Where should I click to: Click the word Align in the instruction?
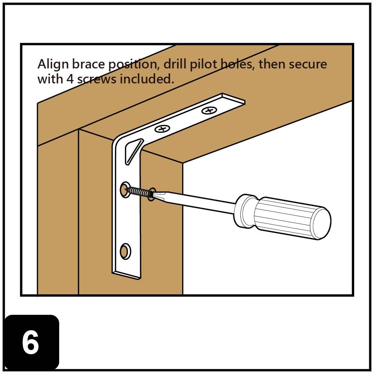tap(52, 65)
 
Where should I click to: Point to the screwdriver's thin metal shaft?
tap(198, 202)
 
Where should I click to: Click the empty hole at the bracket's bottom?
tap(125, 251)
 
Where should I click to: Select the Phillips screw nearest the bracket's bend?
tap(162, 129)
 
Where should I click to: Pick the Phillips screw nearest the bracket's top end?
tap(209, 110)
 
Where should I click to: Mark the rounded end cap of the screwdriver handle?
tap(322, 224)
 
